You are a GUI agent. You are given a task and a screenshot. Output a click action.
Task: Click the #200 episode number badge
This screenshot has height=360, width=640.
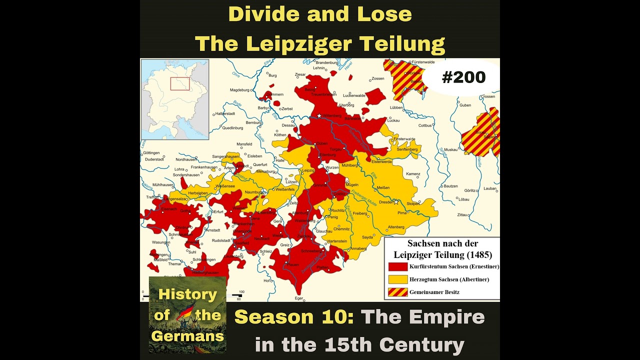463,77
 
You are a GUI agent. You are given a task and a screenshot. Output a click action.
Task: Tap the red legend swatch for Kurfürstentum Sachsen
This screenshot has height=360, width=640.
398,266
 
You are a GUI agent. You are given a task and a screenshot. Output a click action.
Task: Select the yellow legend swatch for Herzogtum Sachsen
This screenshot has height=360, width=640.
398,279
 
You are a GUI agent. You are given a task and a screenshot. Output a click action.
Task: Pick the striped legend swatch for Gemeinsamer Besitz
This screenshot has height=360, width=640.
398,292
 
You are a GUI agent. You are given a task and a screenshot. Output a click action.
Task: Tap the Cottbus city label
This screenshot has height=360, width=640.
425,125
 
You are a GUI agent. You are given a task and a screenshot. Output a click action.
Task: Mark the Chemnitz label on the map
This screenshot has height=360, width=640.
342,229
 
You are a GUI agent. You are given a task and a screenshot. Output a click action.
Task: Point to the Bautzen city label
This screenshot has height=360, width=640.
450,186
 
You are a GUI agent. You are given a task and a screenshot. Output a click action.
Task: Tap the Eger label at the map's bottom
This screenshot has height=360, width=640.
299,298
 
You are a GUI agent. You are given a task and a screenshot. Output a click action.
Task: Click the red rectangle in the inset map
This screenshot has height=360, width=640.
179,83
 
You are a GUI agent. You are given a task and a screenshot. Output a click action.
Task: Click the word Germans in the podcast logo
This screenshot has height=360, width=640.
187,336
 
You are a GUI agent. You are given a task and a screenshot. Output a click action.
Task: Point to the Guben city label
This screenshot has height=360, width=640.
465,105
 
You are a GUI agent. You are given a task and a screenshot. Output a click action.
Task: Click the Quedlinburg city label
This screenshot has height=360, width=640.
232,127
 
